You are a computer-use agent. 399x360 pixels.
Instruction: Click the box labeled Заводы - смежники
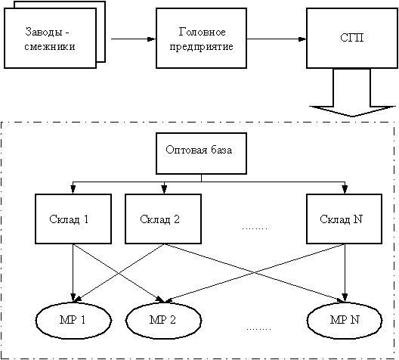[x=50, y=38]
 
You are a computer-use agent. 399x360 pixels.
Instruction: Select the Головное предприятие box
[x=201, y=38]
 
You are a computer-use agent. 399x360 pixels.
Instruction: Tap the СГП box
[x=352, y=38]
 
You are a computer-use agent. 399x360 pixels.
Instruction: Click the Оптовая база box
[x=201, y=154]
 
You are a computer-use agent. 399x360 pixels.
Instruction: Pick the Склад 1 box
[x=73, y=219]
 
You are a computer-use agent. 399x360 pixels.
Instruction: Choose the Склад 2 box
[x=163, y=219]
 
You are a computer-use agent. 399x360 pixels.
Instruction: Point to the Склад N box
[x=345, y=219]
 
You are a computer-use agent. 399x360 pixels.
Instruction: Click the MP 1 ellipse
[x=73, y=320]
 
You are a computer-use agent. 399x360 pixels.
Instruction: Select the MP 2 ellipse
[x=164, y=320]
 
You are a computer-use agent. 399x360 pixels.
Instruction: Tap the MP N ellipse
[x=345, y=320]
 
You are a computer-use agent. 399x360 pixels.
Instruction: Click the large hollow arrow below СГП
[x=352, y=93]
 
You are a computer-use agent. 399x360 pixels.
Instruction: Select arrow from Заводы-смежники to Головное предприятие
[x=133, y=39]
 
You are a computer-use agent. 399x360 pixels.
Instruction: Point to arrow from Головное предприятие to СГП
[x=277, y=39]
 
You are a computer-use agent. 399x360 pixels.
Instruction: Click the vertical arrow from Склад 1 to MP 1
[x=73, y=273]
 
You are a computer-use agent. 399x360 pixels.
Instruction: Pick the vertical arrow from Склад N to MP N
[x=345, y=273]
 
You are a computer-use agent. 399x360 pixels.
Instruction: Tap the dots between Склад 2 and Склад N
[x=255, y=228]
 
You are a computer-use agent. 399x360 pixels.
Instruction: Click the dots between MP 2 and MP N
[x=258, y=329]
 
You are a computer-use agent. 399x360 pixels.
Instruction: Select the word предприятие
[x=201, y=47]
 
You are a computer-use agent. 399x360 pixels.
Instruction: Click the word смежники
[x=50, y=47]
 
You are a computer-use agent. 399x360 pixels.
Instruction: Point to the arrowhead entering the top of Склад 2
[x=164, y=190]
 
